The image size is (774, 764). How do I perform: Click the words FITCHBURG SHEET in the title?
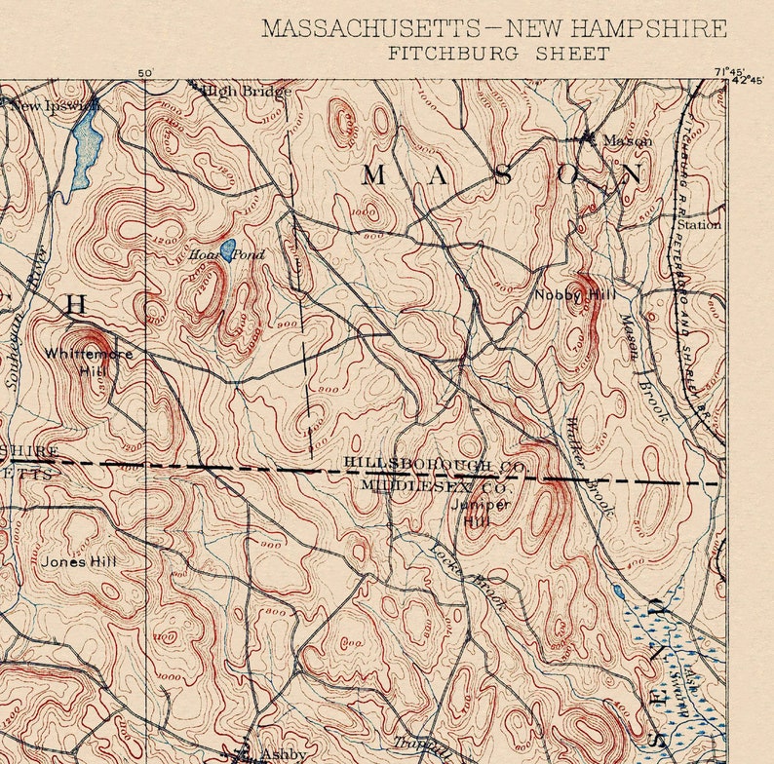click(x=498, y=53)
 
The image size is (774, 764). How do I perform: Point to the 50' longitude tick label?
click(x=146, y=73)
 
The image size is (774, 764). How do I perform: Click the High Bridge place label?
click(x=247, y=92)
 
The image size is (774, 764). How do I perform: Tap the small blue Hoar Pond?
click(x=227, y=250)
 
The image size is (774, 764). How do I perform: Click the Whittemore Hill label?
click(x=89, y=362)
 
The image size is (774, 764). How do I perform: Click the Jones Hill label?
click(x=79, y=561)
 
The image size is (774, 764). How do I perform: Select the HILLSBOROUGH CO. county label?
click(x=435, y=467)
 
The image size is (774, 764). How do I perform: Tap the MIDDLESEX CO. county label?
click(x=435, y=484)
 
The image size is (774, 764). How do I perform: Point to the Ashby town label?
click(x=283, y=754)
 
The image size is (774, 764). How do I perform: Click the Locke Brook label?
click(x=468, y=575)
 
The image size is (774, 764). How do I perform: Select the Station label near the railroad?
click(x=699, y=224)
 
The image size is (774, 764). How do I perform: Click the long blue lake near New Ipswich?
click(x=86, y=146)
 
